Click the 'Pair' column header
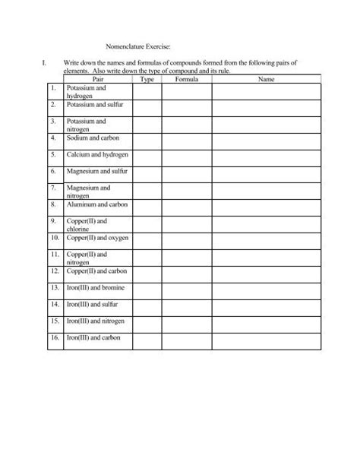tap(96, 78)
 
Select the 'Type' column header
tap(147, 78)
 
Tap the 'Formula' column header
tap(186, 78)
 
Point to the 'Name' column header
tap(266, 78)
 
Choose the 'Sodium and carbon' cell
tap(93, 138)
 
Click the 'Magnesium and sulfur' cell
tap(97, 172)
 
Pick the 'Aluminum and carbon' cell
tap(95, 204)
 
